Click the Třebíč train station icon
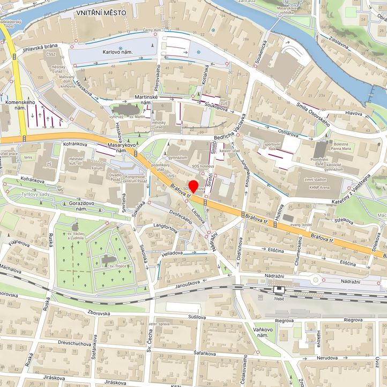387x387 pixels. tap(278, 290)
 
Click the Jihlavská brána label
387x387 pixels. tap(39, 50)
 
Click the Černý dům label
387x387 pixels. tap(152, 31)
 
